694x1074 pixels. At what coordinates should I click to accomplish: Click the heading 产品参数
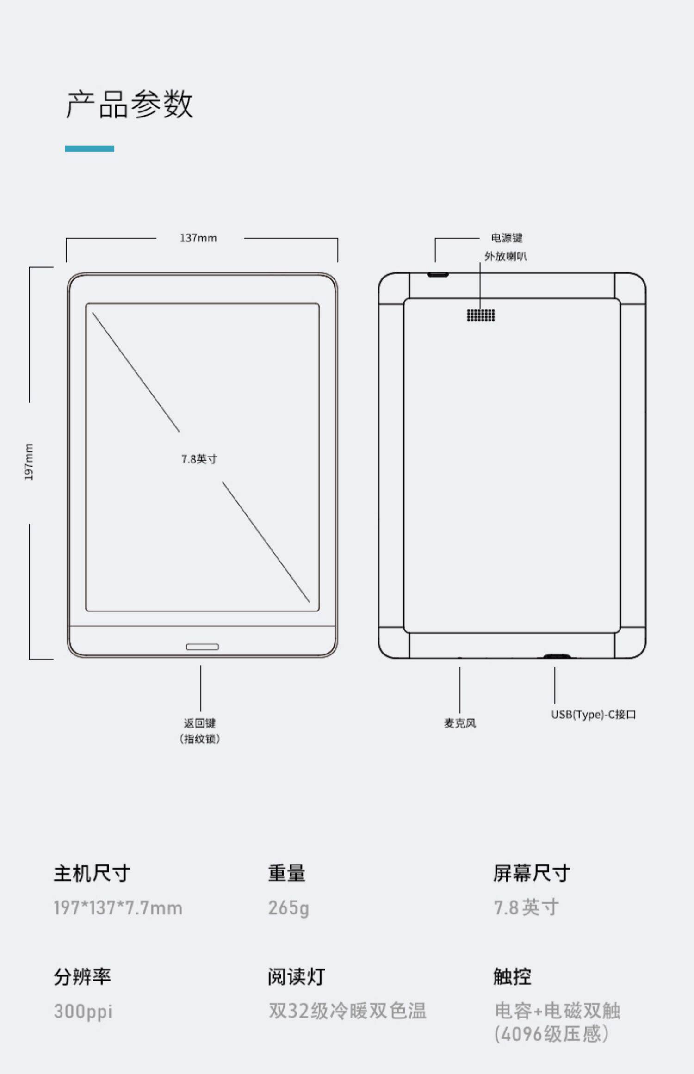pos(129,104)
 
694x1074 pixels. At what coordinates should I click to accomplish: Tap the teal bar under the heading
pos(89,148)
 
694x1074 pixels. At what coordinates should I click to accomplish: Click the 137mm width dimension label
pos(198,238)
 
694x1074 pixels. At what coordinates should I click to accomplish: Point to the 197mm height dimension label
pos(29,462)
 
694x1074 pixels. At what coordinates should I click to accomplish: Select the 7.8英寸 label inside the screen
pos(199,459)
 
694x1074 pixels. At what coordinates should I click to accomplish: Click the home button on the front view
pos(202,647)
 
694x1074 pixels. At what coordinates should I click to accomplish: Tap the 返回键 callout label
pos(200,723)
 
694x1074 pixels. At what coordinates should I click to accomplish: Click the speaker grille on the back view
pos(481,315)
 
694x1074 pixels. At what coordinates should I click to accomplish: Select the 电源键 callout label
pos(507,238)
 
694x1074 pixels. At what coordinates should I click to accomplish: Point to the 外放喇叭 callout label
pos(505,256)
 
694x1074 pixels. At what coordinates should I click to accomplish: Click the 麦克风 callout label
pos(460,723)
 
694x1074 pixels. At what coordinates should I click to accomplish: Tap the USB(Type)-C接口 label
pos(593,715)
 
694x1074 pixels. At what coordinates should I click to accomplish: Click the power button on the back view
pos(438,275)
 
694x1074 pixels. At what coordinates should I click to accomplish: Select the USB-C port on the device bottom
pos(556,656)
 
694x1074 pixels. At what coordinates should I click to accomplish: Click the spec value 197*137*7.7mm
pos(118,908)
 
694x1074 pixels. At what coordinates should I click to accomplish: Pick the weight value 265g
pos(288,908)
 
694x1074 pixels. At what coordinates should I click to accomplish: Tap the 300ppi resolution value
pos(83,1011)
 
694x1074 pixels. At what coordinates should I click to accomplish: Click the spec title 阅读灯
pos(296,976)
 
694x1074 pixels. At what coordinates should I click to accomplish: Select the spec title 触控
pos(512,976)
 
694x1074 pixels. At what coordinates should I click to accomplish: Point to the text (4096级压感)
pos(551,1034)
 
